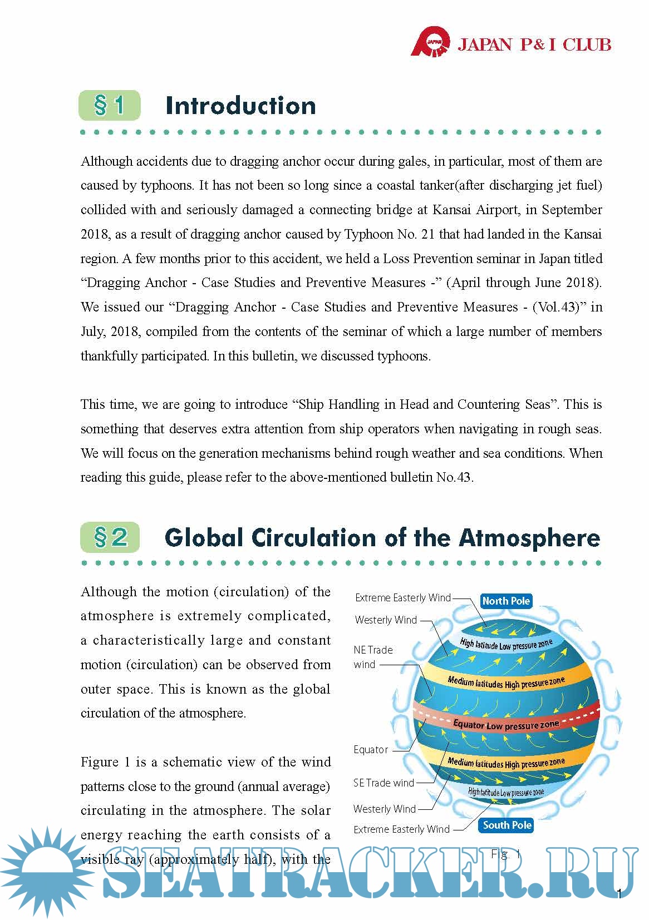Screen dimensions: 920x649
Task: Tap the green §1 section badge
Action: [x=109, y=105]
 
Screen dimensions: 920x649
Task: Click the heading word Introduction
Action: [x=240, y=106]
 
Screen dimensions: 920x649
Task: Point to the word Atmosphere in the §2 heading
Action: [x=529, y=538]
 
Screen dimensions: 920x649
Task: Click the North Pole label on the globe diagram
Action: [x=506, y=601]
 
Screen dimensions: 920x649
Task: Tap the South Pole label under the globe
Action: [x=507, y=825]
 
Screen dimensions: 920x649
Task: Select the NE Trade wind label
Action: [x=373, y=657]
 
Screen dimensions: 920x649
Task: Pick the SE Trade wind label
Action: [x=383, y=783]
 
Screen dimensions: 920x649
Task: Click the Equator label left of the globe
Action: [x=371, y=749]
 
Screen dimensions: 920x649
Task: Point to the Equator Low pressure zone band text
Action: [x=505, y=724]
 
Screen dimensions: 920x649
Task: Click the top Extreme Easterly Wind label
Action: [x=402, y=598]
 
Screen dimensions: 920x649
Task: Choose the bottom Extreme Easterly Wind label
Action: [x=401, y=829]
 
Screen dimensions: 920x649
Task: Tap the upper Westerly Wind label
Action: [x=386, y=620]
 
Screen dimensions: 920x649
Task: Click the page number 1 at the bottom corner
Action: [x=619, y=894]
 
